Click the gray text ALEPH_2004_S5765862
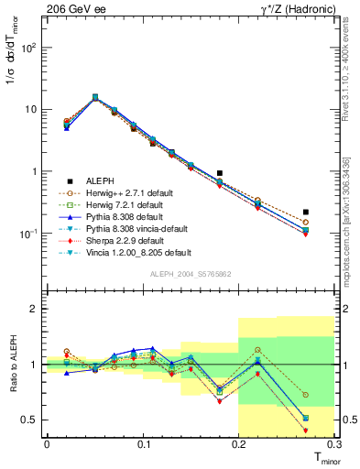(x=190, y=275)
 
